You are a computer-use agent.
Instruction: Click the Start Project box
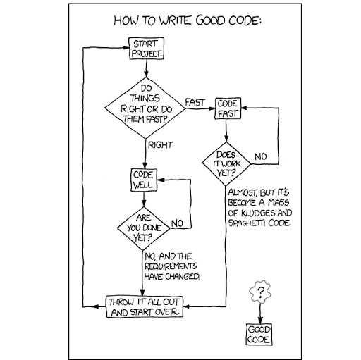(146, 49)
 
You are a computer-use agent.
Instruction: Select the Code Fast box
(228, 108)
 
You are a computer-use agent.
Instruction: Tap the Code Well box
(144, 180)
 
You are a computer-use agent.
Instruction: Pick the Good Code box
(259, 335)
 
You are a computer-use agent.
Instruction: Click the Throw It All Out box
(145, 306)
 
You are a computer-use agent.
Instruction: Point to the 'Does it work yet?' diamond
(226, 164)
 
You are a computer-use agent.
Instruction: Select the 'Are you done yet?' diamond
(143, 228)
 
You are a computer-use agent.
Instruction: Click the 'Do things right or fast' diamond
(145, 108)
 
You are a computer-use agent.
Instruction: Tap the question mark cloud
(260, 292)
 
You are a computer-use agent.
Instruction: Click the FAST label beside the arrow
(195, 102)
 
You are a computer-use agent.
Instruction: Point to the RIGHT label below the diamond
(161, 145)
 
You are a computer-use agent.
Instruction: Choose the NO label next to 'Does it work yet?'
(261, 156)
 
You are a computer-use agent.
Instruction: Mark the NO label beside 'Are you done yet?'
(177, 223)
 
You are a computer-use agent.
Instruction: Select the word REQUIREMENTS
(171, 266)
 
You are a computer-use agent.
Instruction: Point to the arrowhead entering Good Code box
(260, 321)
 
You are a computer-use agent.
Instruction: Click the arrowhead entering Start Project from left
(126, 48)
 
